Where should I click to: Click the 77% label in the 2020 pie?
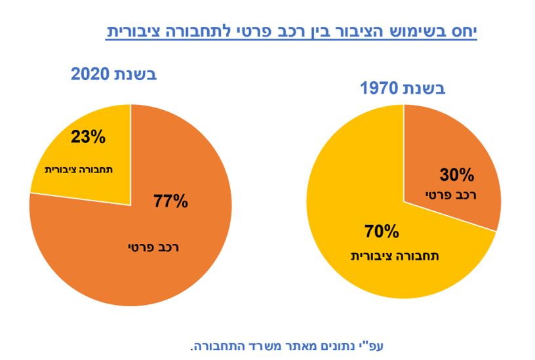(x=170, y=201)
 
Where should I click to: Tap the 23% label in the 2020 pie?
(x=87, y=137)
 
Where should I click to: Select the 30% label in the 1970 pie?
(x=456, y=174)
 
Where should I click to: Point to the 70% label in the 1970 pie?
(x=381, y=231)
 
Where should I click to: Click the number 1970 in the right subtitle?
(x=380, y=89)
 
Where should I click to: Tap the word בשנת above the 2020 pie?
(x=137, y=74)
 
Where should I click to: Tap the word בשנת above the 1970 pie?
(x=424, y=89)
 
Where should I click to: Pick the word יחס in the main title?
(x=462, y=31)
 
